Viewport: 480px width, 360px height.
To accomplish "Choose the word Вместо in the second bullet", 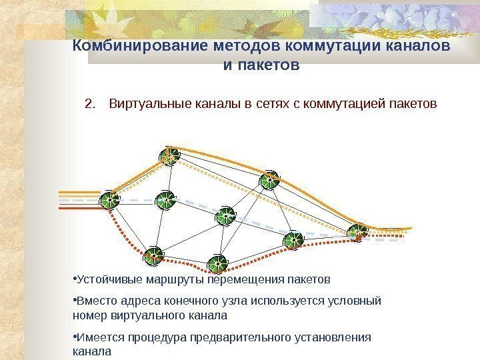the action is click(x=95, y=301).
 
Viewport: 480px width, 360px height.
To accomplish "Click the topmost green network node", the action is click(x=170, y=157).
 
